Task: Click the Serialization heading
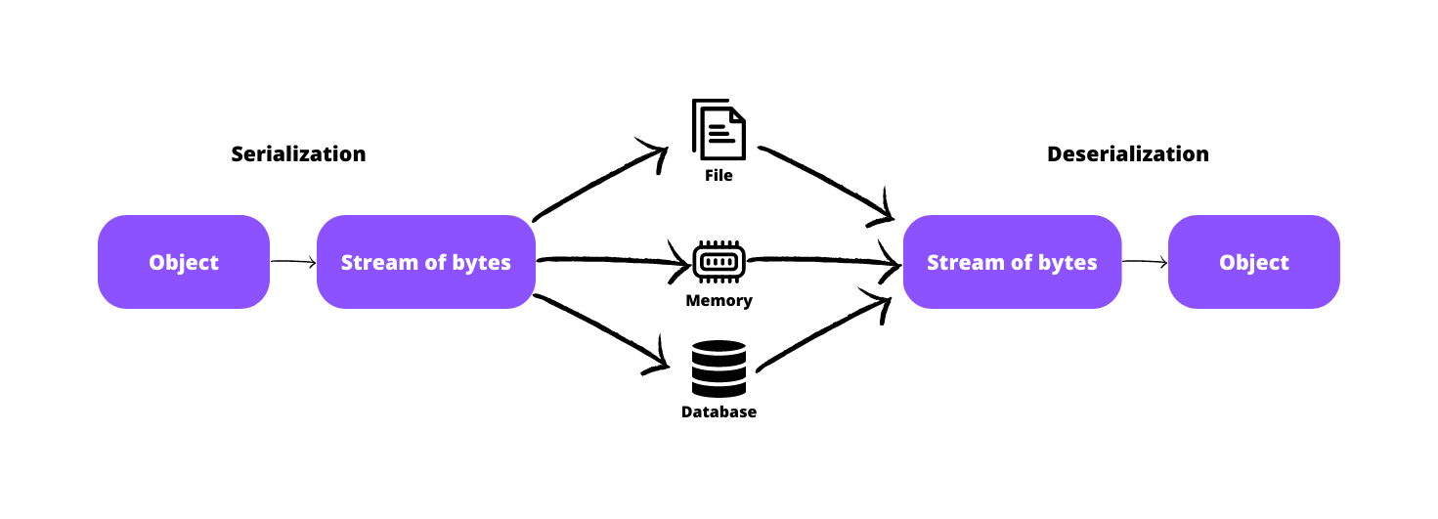pos(298,154)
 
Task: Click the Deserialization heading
pos(1127,154)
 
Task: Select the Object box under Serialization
pos(184,262)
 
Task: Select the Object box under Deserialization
pos(1254,262)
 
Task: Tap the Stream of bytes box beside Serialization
pos(425,262)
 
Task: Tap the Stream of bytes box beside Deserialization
pos(1012,262)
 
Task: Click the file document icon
pos(719,129)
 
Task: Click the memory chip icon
pos(719,262)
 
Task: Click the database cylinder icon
pos(719,368)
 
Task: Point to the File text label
pos(719,177)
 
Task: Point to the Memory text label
pos(719,301)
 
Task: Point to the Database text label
pos(719,412)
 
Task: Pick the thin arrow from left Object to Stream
pos(292,262)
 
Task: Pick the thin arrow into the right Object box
pos(1144,262)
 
